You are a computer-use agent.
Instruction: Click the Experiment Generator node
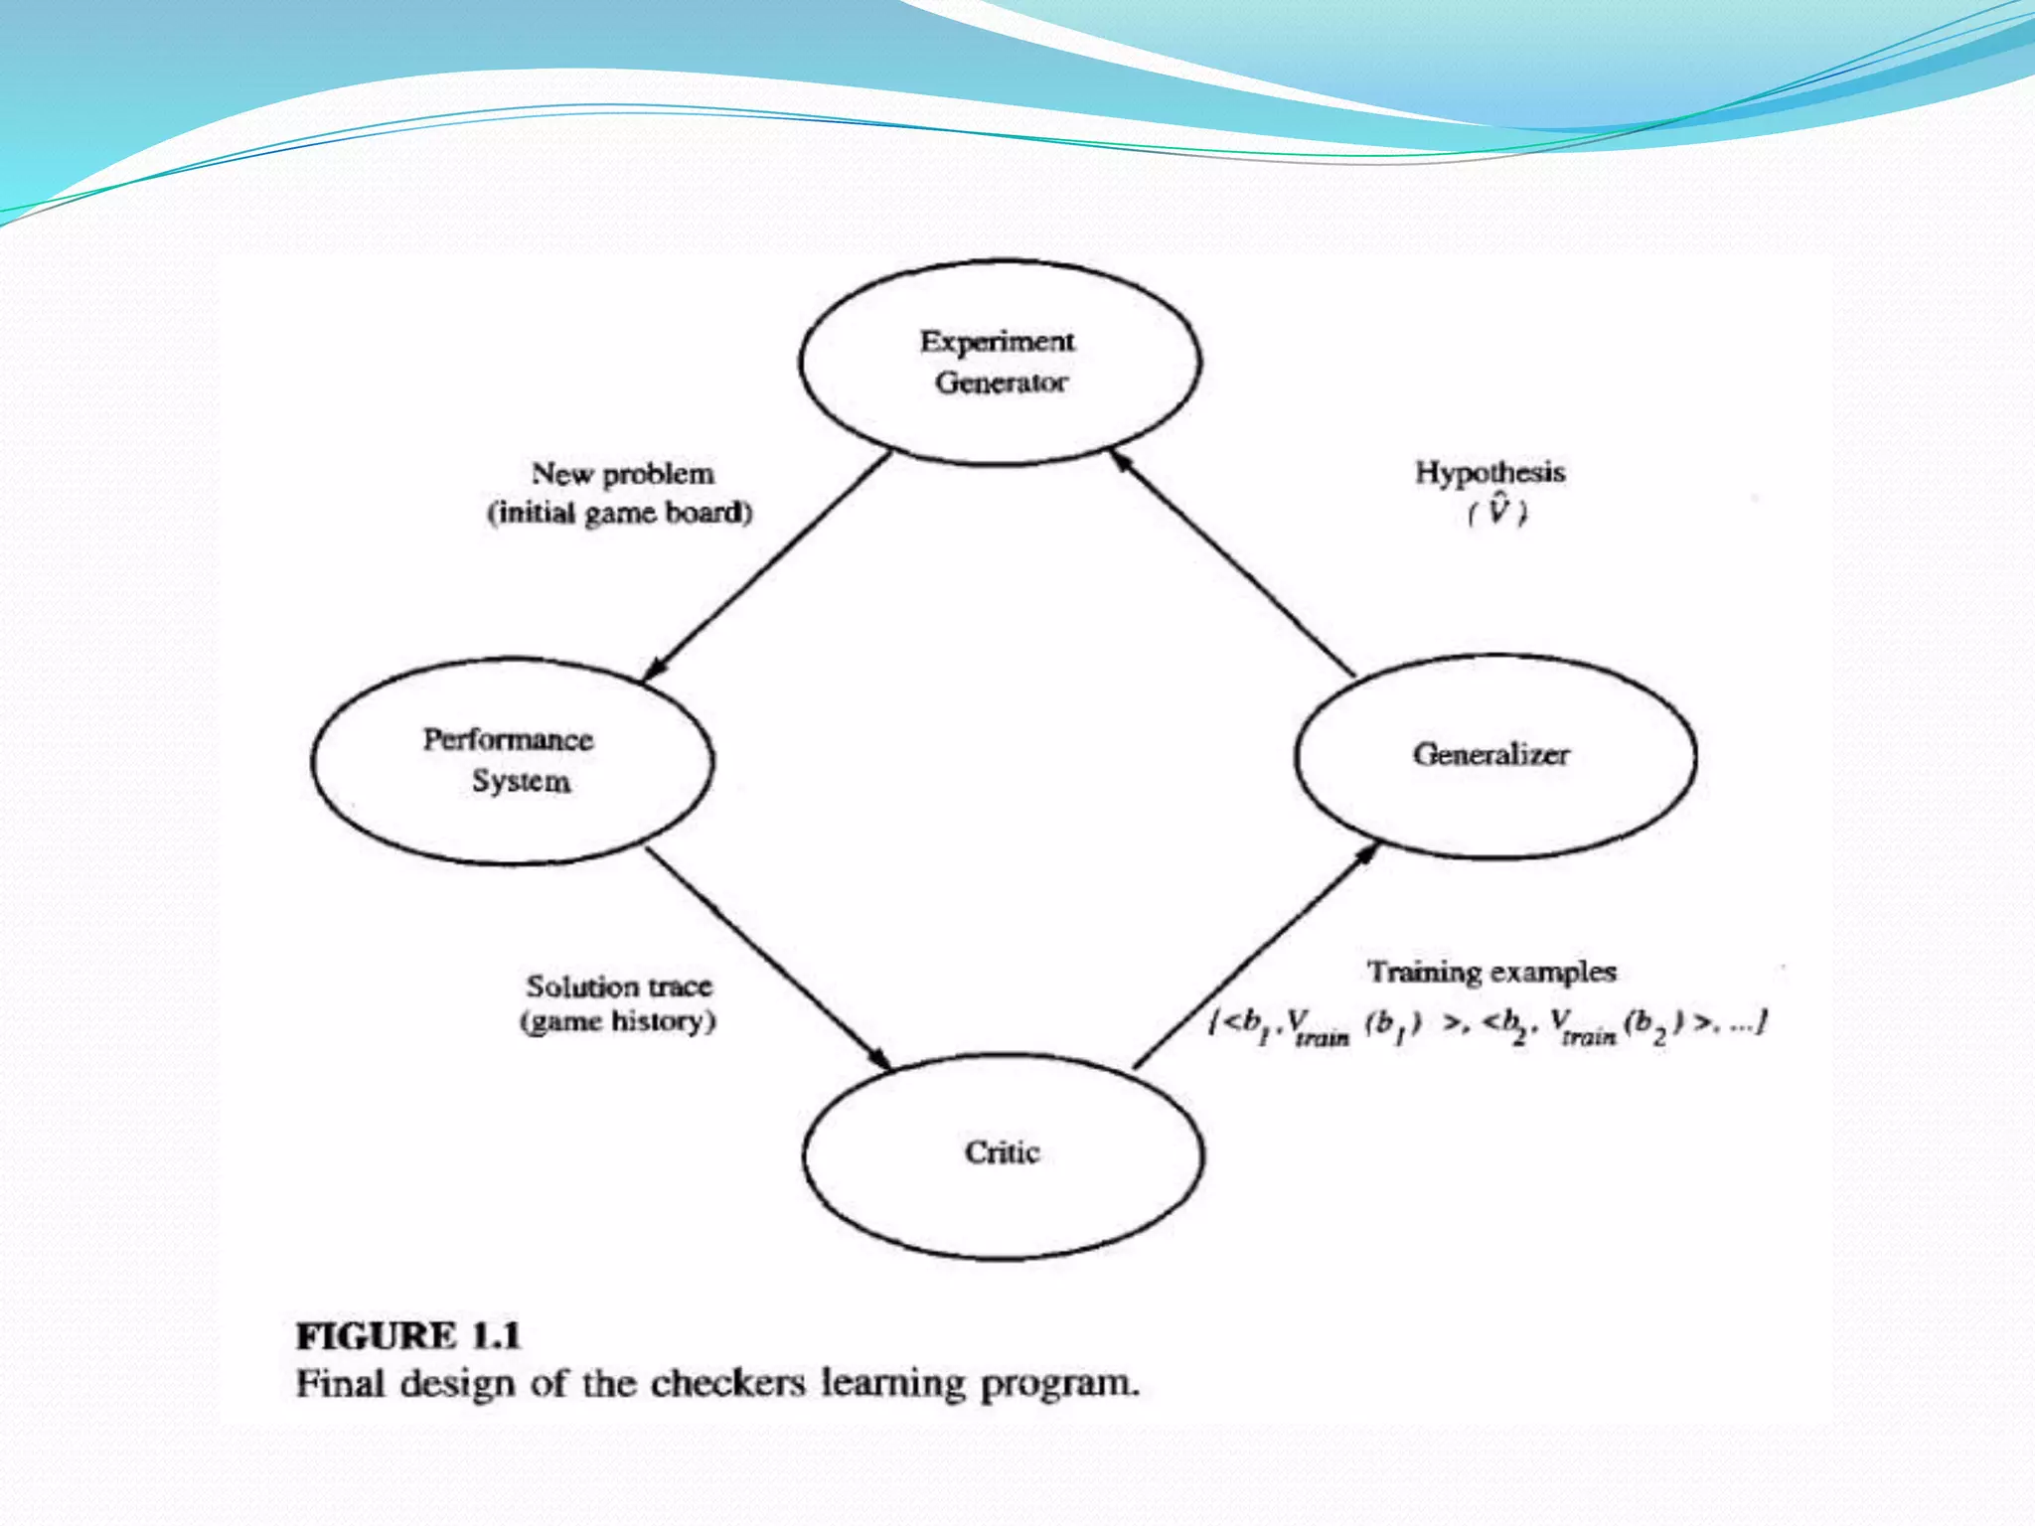pyautogui.click(x=1000, y=363)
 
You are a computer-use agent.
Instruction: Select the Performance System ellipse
pyautogui.click(x=512, y=760)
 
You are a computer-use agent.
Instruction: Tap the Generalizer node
pyautogui.click(x=1494, y=755)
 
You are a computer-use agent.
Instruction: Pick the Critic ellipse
pyautogui.click(x=1003, y=1155)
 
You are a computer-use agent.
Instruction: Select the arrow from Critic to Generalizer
pyautogui.click(x=1257, y=955)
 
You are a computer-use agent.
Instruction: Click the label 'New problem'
pyautogui.click(x=623, y=474)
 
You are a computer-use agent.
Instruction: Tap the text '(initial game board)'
pyautogui.click(x=620, y=513)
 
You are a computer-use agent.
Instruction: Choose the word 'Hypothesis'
pyautogui.click(x=1489, y=472)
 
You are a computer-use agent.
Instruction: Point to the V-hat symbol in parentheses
pyautogui.click(x=1497, y=511)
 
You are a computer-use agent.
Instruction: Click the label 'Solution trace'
pyautogui.click(x=619, y=987)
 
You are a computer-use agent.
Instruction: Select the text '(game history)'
pyautogui.click(x=618, y=1021)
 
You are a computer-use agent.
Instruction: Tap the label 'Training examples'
pyautogui.click(x=1491, y=972)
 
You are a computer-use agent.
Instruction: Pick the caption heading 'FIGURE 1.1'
pyautogui.click(x=408, y=1336)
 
